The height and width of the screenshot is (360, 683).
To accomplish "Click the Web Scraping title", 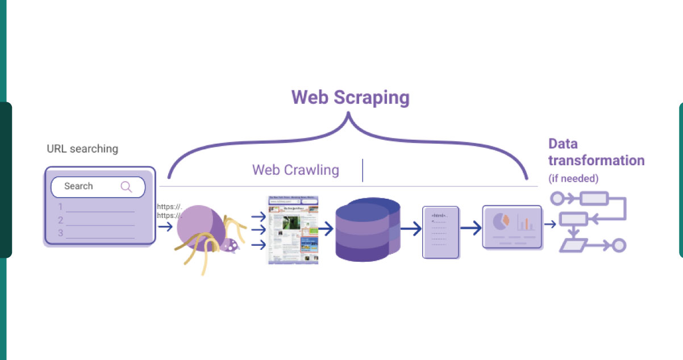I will [x=350, y=97].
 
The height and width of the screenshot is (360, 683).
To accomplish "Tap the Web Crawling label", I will [x=295, y=170].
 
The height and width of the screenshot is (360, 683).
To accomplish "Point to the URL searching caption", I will [x=82, y=149].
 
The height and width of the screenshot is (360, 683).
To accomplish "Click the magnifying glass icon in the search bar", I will [x=126, y=187].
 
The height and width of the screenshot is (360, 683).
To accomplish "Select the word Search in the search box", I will [x=78, y=186].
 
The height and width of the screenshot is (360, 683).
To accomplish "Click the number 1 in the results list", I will [x=60, y=207].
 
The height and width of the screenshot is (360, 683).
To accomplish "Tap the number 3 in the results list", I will [x=60, y=233].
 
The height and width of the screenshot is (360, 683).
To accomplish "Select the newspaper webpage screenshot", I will [x=293, y=229].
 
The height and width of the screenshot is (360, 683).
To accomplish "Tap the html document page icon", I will [x=440, y=232].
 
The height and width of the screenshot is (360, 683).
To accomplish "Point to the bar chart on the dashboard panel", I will [x=524, y=223].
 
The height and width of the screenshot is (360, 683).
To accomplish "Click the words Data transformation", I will [x=595, y=152].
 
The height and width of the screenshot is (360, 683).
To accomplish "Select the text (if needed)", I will [x=573, y=178].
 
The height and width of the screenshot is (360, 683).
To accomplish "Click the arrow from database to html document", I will [x=410, y=229].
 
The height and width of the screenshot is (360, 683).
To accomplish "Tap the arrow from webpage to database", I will [x=326, y=229].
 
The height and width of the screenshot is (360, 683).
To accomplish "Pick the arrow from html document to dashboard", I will [x=470, y=229].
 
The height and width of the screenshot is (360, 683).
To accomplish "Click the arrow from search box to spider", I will [x=165, y=227].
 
